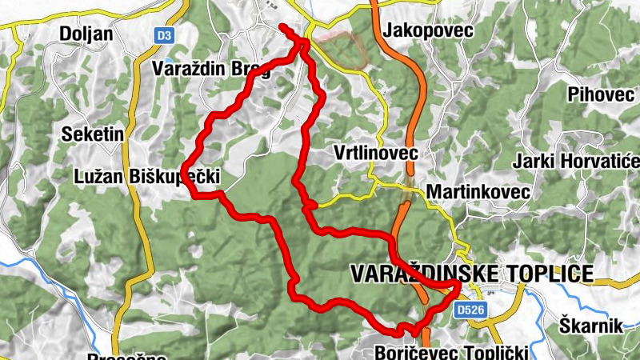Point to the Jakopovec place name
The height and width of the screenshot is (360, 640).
pyautogui.click(x=428, y=30)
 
